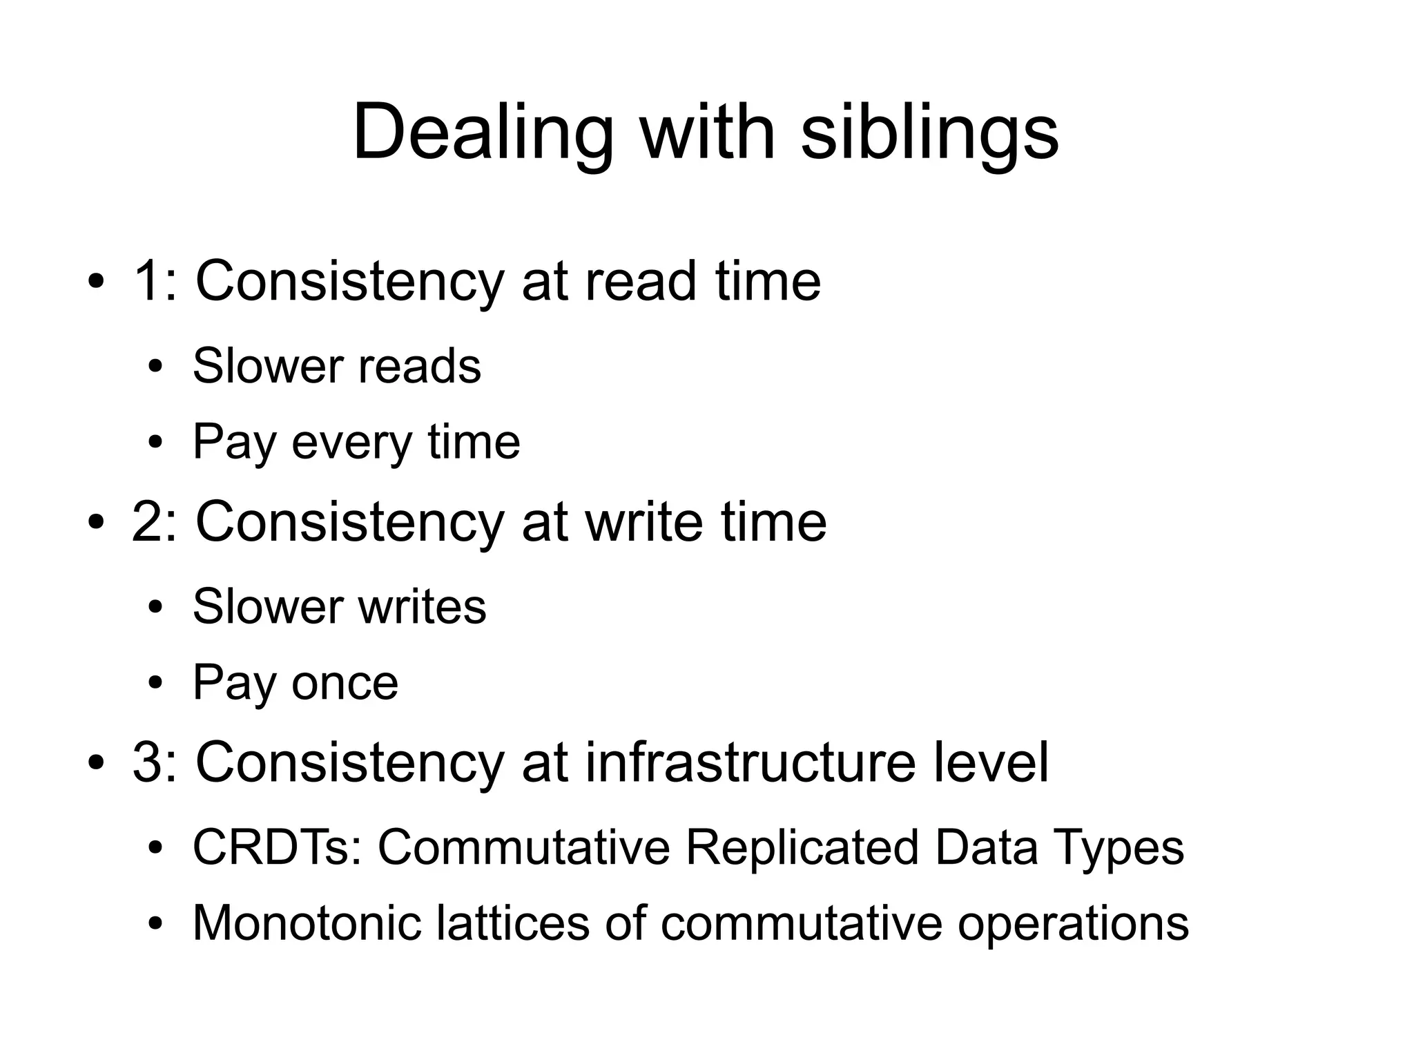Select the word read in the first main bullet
640,282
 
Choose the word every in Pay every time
351,442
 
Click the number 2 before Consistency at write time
149,522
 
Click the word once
345,683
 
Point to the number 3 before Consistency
149,762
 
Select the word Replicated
802,847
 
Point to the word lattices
512,923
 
